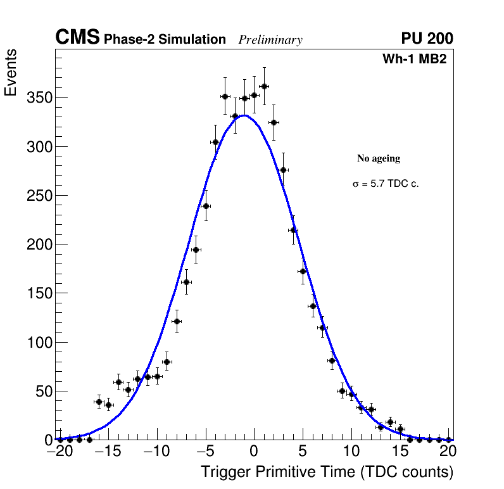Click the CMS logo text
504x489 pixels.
pos(77,39)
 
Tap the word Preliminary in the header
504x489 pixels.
pos(270,40)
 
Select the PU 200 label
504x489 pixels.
pos(427,39)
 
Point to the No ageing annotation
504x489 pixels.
pos(379,158)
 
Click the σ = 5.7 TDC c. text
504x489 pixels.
pos(386,184)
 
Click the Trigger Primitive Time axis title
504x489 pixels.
pos(327,472)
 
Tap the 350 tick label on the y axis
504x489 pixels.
pos(39,98)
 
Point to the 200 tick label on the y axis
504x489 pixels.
pos(39,244)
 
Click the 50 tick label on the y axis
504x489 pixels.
pos(43,391)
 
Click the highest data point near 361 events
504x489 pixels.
pos(264,86)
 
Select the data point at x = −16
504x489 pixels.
pos(99,402)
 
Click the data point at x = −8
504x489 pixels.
pos(177,321)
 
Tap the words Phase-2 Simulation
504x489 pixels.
pos(165,40)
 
